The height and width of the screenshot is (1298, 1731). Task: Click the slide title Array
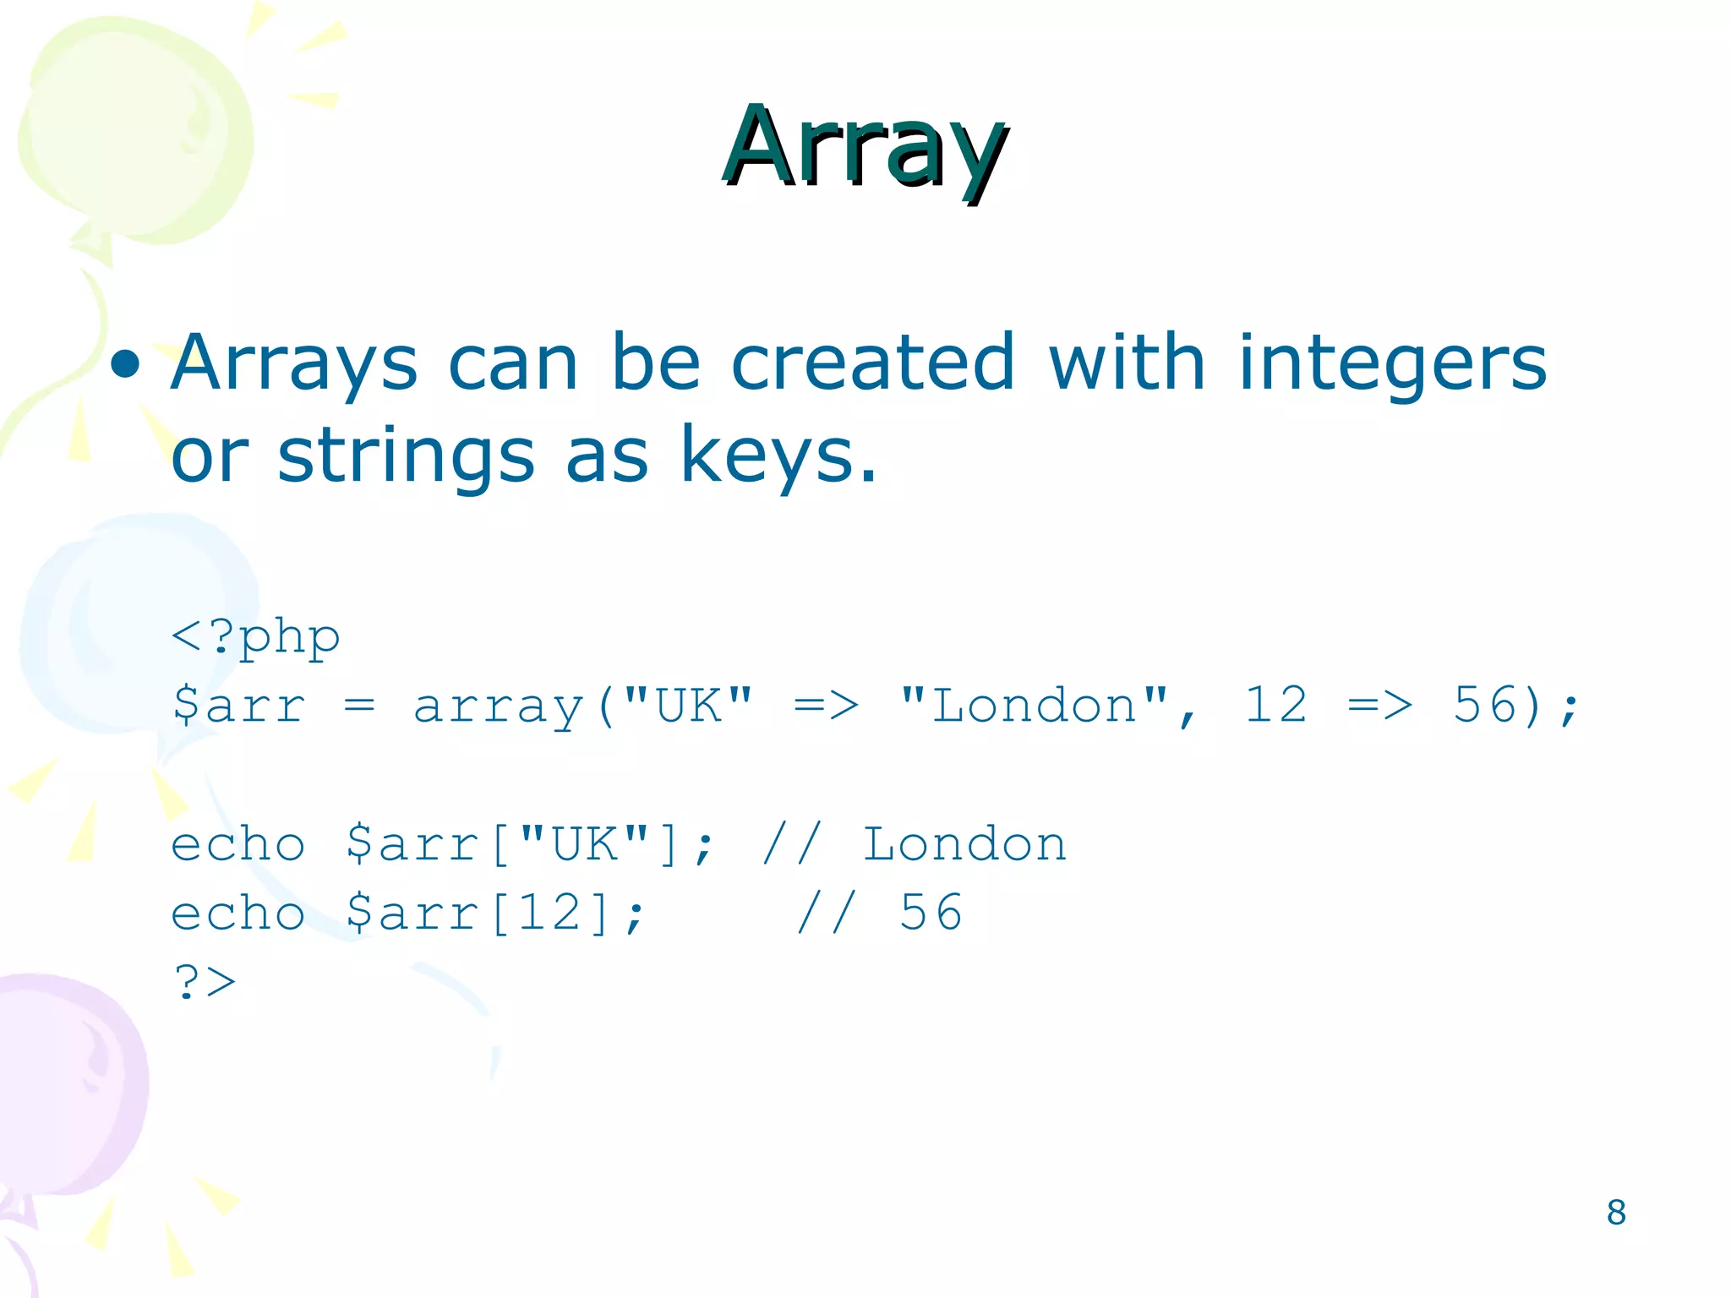click(x=865, y=148)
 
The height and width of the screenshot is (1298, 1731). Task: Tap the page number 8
click(x=1615, y=1213)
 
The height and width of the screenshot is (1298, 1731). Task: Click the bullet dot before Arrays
click(x=125, y=363)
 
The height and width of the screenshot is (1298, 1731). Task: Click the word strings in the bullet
click(x=406, y=456)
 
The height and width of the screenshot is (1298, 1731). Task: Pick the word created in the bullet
click(x=872, y=363)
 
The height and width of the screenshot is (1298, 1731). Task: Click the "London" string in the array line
click(x=1035, y=706)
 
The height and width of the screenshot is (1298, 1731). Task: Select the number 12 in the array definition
click(x=1275, y=706)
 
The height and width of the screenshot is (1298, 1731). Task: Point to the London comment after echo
click(x=964, y=844)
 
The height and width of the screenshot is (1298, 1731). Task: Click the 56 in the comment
click(x=931, y=914)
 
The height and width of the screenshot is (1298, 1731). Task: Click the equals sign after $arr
click(x=359, y=706)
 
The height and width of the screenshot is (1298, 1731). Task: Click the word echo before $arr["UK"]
click(x=238, y=844)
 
